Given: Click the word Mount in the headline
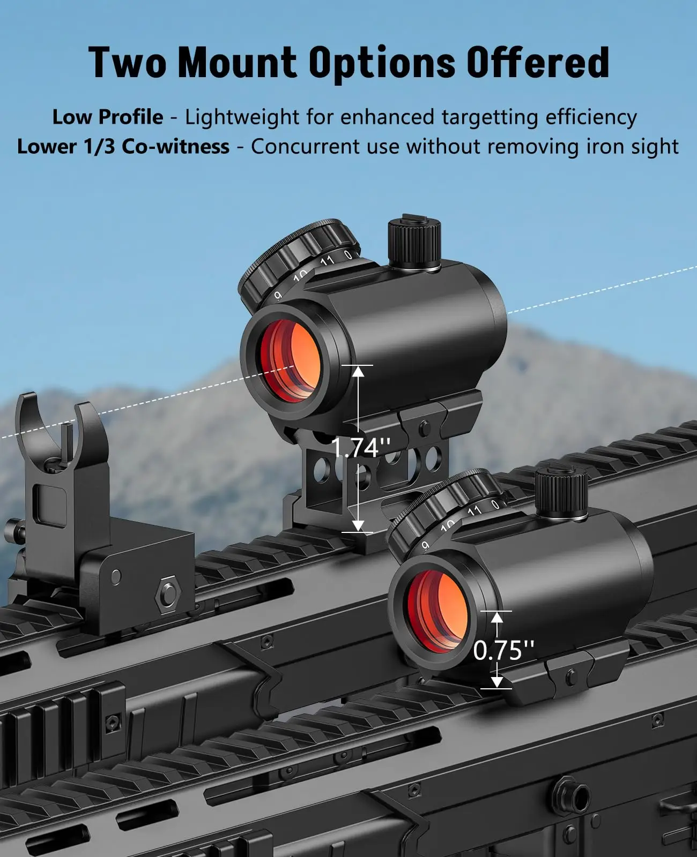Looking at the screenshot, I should pos(236,63).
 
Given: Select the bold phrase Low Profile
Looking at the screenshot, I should pos(108,117).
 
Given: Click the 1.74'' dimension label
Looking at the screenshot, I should pos(360,447).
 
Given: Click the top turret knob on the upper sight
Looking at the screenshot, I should pos(414,243).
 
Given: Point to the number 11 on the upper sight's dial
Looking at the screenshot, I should pos(327,261).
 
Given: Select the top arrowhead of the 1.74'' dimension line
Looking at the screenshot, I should pos(358,370).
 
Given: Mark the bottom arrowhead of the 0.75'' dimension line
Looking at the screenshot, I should pos(497,681).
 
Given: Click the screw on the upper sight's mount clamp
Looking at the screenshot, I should pos(425,427).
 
